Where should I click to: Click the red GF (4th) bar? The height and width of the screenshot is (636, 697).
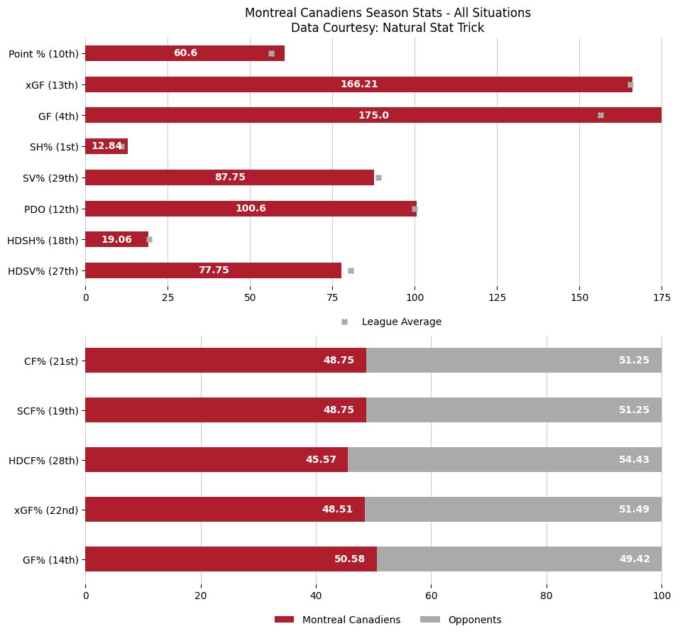coord(373,115)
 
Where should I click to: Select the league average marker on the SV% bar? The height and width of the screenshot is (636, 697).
coord(378,177)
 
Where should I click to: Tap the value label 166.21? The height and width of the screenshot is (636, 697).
coord(359,84)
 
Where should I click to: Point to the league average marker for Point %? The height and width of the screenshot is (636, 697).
coord(271,53)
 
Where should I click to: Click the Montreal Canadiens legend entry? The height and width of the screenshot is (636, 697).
coord(351,620)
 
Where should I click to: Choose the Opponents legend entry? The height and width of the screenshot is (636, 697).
coord(473,620)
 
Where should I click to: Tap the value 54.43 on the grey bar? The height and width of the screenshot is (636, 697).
coord(634,460)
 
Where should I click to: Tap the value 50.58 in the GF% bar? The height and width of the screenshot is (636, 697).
coord(349,559)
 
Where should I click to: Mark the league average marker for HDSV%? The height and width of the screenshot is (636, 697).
coord(351,270)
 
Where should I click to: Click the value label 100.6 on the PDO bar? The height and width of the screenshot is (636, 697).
coord(251,209)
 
